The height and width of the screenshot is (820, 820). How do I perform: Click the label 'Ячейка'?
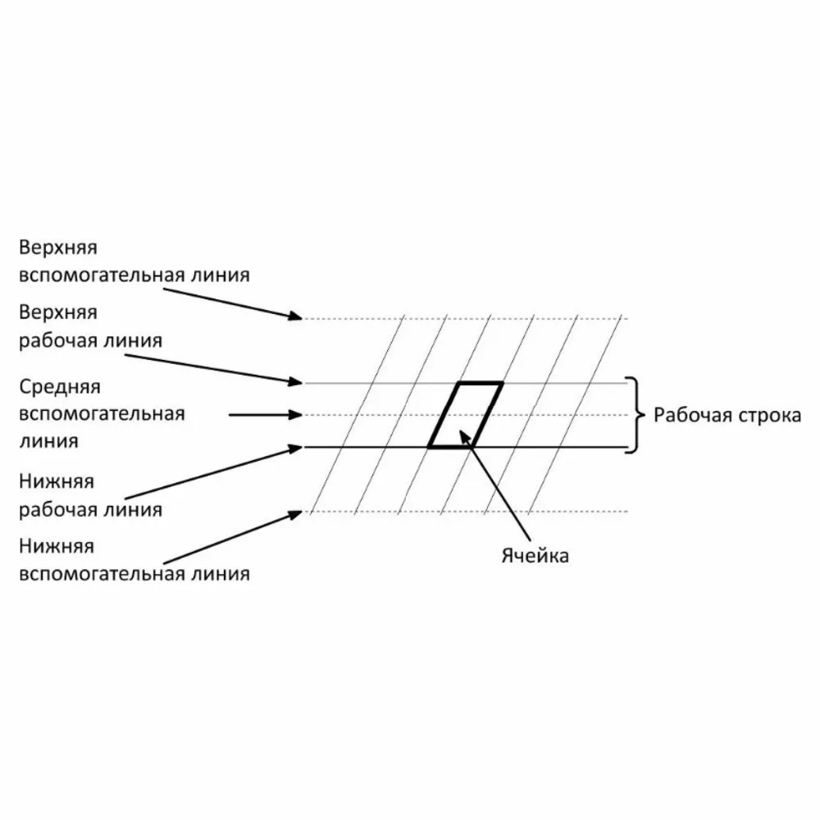point(535,556)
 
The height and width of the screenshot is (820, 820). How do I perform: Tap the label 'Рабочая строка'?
point(727,415)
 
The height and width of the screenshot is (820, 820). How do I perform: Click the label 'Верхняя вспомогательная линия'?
point(134,261)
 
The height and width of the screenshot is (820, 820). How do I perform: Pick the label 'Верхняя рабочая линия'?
point(90,326)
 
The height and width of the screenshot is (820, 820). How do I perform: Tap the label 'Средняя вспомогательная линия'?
point(102,413)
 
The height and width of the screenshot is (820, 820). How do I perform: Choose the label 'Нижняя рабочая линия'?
point(90,495)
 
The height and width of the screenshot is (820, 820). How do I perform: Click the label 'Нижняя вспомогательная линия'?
point(134,560)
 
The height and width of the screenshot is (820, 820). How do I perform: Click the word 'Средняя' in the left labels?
point(60,385)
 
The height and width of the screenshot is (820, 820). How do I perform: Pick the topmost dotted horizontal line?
point(467,317)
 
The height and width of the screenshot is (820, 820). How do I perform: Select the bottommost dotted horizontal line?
point(467,512)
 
